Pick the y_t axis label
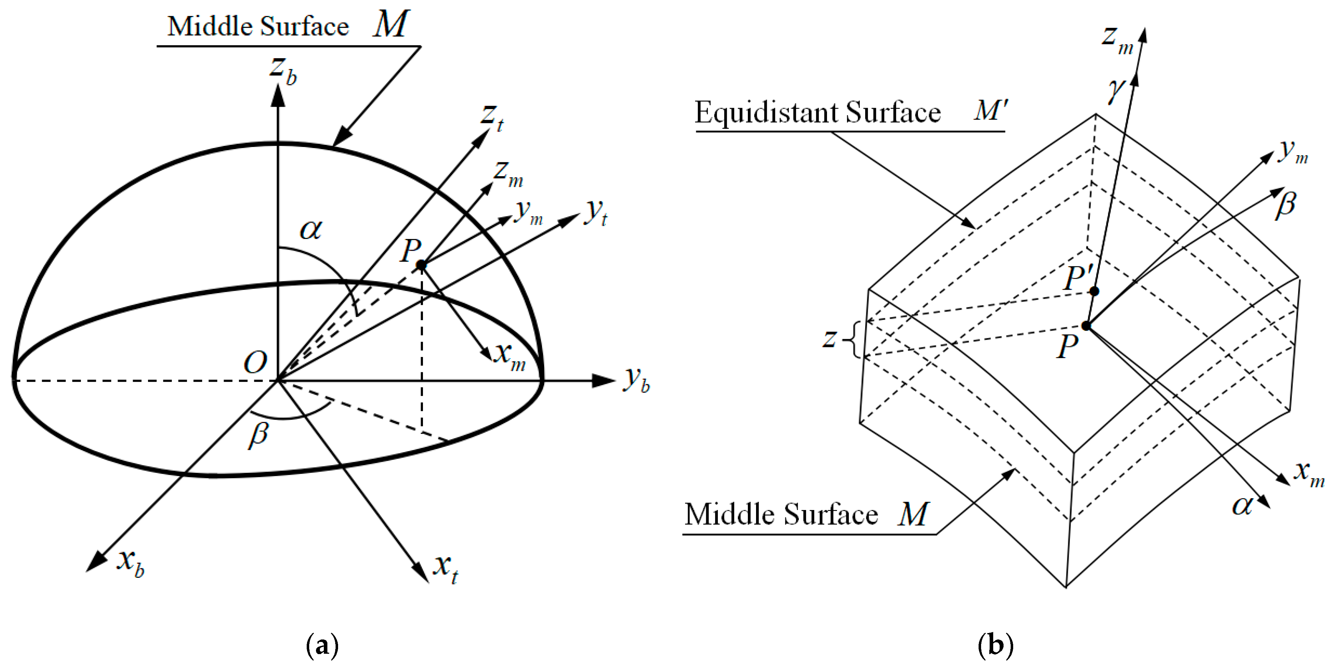coord(596,212)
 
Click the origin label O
coord(255,362)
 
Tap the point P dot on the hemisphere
coord(422,266)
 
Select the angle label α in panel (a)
coord(311,229)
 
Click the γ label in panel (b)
coord(1116,91)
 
